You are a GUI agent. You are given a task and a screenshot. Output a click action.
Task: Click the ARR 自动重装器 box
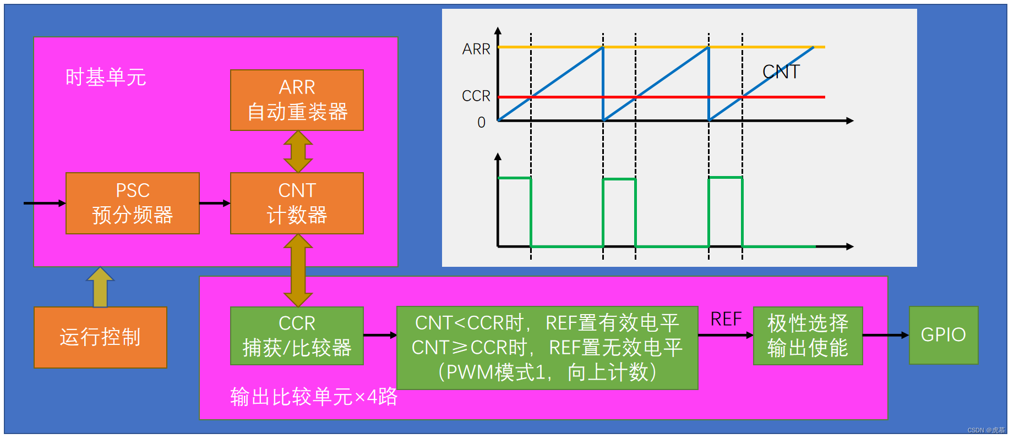[297, 100]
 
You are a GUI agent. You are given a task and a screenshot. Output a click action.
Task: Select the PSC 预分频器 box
[133, 203]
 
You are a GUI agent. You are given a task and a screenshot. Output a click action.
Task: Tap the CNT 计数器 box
[297, 203]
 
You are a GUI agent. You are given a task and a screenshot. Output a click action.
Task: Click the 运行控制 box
[100, 337]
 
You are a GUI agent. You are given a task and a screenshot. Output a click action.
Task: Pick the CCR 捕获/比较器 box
[297, 336]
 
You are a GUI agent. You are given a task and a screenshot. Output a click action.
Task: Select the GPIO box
[944, 335]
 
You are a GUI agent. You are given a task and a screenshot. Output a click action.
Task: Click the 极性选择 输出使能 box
[808, 336]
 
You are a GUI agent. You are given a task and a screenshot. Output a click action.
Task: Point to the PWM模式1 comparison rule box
[547, 348]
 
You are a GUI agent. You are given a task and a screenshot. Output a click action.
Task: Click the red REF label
[726, 319]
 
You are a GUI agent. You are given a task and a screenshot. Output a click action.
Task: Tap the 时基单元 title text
[106, 77]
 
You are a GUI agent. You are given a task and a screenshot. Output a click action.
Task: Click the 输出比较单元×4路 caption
[314, 397]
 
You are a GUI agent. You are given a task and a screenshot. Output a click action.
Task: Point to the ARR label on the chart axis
[476, 49]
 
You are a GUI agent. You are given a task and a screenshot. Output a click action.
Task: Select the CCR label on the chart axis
[476, 96]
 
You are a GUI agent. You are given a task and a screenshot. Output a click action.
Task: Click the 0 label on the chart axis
[482, 122]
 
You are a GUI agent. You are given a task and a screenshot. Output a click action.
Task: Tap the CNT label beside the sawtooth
[781, 72]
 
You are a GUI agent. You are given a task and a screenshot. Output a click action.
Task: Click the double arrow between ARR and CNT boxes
[298, 152]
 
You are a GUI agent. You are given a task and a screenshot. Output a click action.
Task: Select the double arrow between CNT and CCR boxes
[298, 270]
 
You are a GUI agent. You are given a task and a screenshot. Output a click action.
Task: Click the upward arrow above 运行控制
[100, 287]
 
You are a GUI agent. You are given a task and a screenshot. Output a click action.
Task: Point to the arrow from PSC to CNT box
[215, 204]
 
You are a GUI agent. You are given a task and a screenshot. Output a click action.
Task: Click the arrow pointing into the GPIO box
[886, 335]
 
